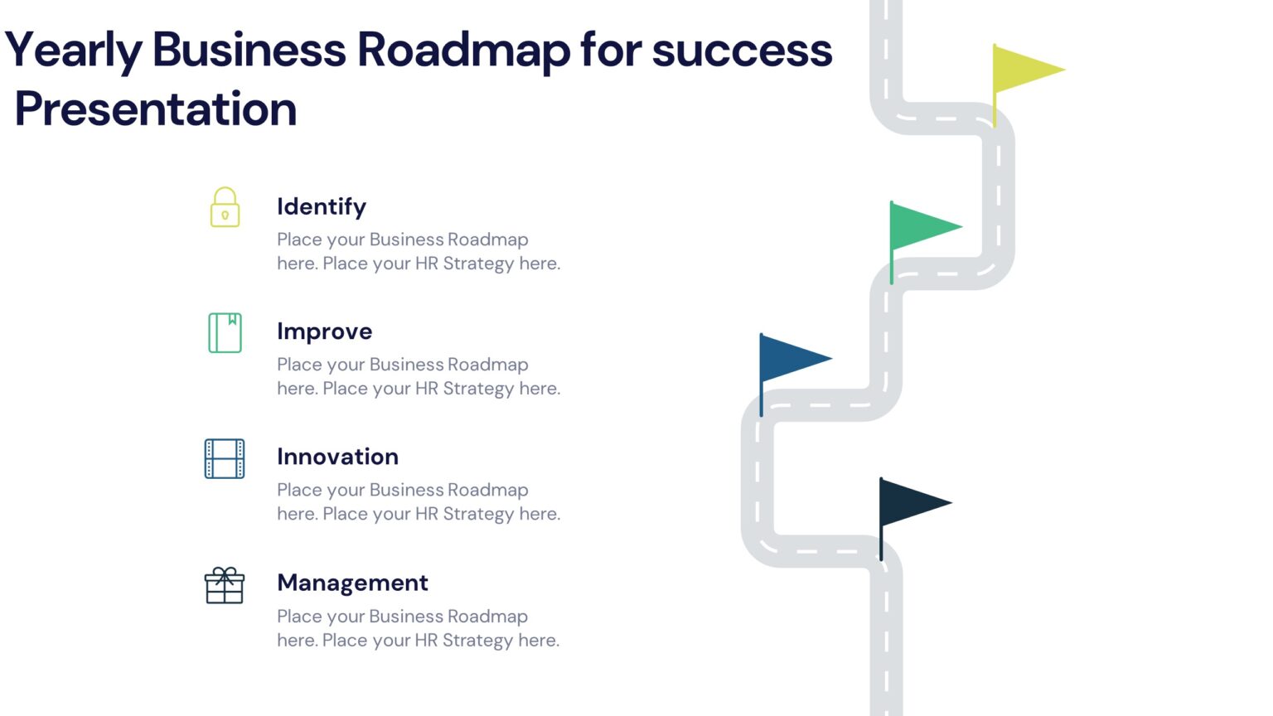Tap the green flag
point(921,226)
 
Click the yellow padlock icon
point(225,207)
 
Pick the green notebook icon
point(225,332)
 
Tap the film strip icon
point(225,458)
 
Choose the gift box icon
point(225,585)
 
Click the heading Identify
point(322,206)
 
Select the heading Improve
point(324,331)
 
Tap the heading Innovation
point(337,457)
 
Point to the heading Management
point(352,583)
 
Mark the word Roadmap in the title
point(463,50)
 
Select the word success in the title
point(742,50)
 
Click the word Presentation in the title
point(156,109)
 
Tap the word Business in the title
point(249,50)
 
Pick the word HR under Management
point(426,640)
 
